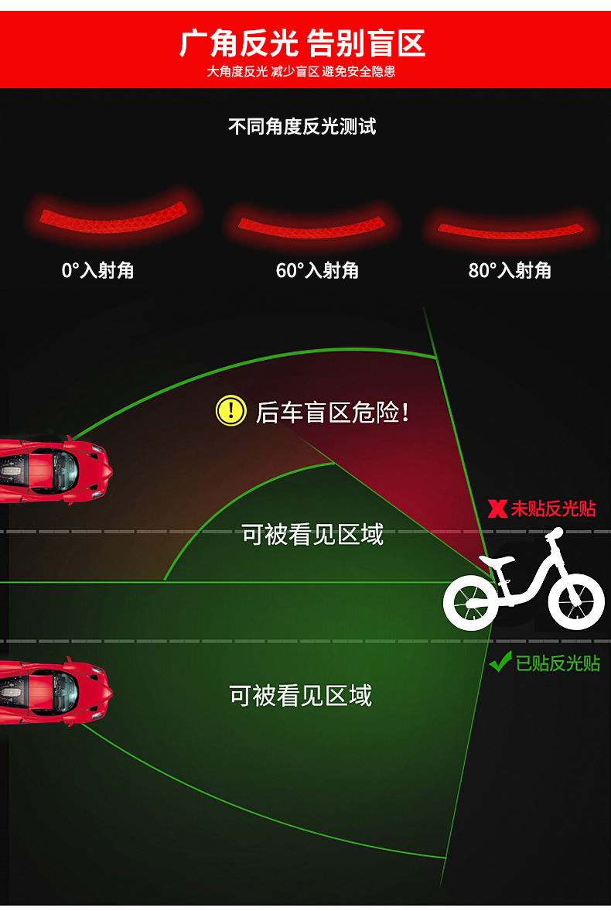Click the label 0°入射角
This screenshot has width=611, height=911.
point(97,270)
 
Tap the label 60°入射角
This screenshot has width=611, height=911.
point(317,270)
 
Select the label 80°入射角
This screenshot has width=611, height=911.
point(510,270)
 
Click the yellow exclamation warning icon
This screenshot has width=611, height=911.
point(230,410)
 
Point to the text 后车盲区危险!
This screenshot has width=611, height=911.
point(332,412)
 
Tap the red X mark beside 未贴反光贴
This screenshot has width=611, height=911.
point(498,509)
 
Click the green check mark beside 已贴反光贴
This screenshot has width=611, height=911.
point(500,662)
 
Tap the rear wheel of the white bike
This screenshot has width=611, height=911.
point(470,602)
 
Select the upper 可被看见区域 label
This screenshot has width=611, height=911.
point(312,534)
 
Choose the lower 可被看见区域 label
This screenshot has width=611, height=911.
point(301,695)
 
